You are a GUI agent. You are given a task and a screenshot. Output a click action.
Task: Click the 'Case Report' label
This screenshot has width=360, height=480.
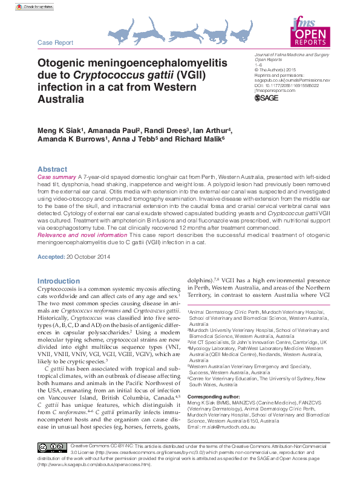(x=55, y=43)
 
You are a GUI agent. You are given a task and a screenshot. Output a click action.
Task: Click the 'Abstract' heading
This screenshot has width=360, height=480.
(x=52, y=169)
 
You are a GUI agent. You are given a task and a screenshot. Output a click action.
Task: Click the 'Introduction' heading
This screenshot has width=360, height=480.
(x=58, y=281)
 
